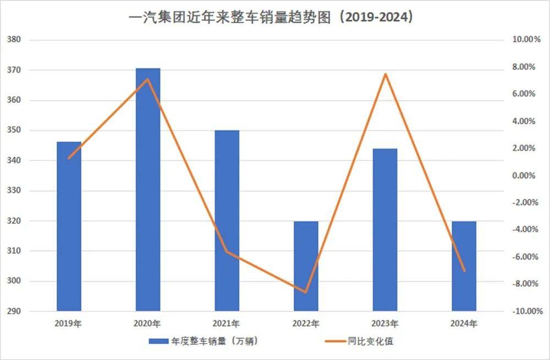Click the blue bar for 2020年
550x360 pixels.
point(148,190)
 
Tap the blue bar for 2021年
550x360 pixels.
point(227,220)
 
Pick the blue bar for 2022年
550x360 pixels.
point(306,266)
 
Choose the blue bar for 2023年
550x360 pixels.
point(385,230)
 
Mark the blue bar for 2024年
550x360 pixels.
point(464,266)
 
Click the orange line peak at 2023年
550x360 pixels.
point(386,74)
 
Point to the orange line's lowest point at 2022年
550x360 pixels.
point(306,292)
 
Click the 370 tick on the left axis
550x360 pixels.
point(14,70)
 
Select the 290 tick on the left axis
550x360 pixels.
point(14,312)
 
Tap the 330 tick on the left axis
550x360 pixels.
point(14,191)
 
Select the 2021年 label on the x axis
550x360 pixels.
point(227,323)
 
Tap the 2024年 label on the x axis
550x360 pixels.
point(464,323)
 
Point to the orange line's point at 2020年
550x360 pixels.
point(147,79)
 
